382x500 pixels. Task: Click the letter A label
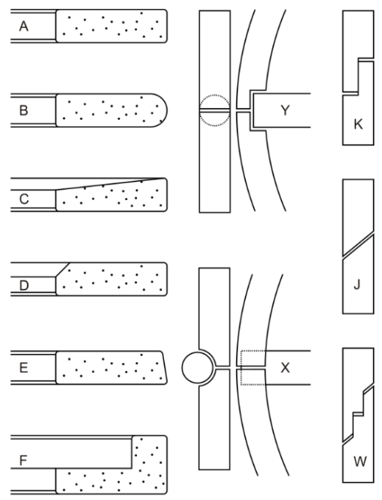[x=23, y=26]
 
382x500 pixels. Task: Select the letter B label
[x=23, y=110]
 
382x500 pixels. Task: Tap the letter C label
[x=24, y=199]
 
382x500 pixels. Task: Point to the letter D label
[x=24, y=286]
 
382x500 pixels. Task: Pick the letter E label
[x=23, y=367]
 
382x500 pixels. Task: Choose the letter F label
[x=23, y=460]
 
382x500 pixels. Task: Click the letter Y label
[x=285, y=110]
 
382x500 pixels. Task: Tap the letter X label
[x=285, y=367]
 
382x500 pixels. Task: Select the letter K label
[x=359, y=124]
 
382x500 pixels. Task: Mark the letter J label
[x=357, y=284]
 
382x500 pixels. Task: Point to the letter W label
[x=360, y=462]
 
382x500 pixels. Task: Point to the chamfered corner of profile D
[x=62, y=270]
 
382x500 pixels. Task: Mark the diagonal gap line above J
[x=358, y=244]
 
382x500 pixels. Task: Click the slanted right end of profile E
[x=164, y=367]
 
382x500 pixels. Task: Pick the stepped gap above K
[x=359, y=76]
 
